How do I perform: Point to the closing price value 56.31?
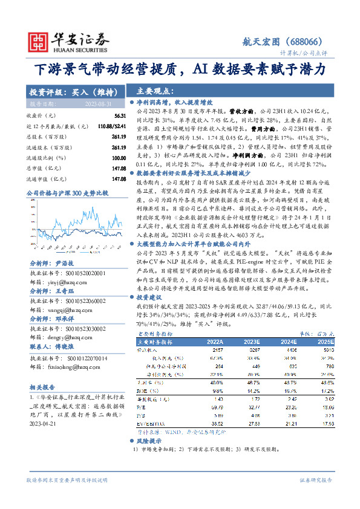coord(120,115)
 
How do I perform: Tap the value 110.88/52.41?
coord(113,125)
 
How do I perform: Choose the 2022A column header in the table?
coord(215,342)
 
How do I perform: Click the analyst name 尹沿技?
coord(64,247)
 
